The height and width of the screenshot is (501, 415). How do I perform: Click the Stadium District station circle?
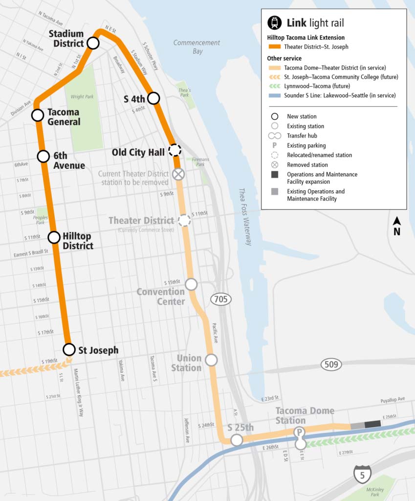coord(93,44)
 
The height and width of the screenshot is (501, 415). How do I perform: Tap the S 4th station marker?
coord(154,98)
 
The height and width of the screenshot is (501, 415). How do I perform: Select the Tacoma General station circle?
coord(38,115)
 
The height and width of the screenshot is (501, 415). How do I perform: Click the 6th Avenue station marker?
coord(44,157)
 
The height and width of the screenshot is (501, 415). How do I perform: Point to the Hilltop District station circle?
coord(54,238)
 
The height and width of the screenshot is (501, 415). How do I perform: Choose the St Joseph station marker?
coord(69,349)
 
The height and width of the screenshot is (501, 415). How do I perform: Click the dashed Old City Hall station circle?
coord(174,150)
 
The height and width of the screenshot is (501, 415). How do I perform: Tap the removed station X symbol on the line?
coord(179,174)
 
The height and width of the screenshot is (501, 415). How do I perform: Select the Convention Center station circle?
coord(191,284)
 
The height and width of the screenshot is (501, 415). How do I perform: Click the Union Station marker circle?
coord(211,360)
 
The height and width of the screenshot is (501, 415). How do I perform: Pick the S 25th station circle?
coord(237,440)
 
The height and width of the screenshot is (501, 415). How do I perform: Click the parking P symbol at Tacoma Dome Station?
coord(299,433)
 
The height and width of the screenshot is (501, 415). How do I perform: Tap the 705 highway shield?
coord(221,299)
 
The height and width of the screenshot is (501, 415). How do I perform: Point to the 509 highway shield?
coord(331,364)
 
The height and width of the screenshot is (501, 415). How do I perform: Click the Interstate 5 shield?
coord(362,474)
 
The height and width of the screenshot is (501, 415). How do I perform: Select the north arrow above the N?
coord(397,222)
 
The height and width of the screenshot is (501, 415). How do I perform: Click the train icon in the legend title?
coord(274,23)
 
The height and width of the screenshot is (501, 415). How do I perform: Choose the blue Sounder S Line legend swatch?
coord(275,96)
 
